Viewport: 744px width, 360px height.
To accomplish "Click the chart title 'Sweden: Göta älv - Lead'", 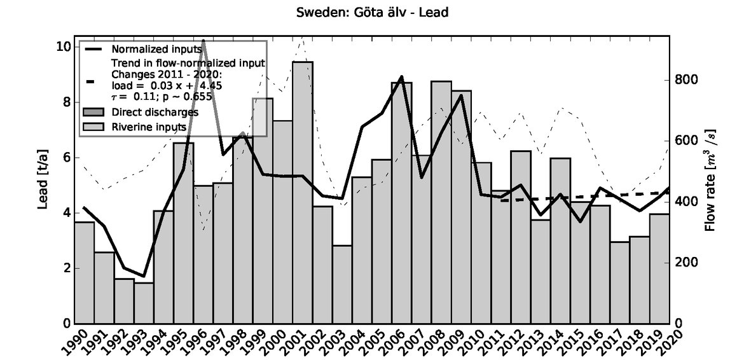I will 373,13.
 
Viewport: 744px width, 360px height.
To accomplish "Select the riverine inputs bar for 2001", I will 302,191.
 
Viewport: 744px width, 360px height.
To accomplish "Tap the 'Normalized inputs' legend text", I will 152,49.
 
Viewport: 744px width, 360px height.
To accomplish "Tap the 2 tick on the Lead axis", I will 64,268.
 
